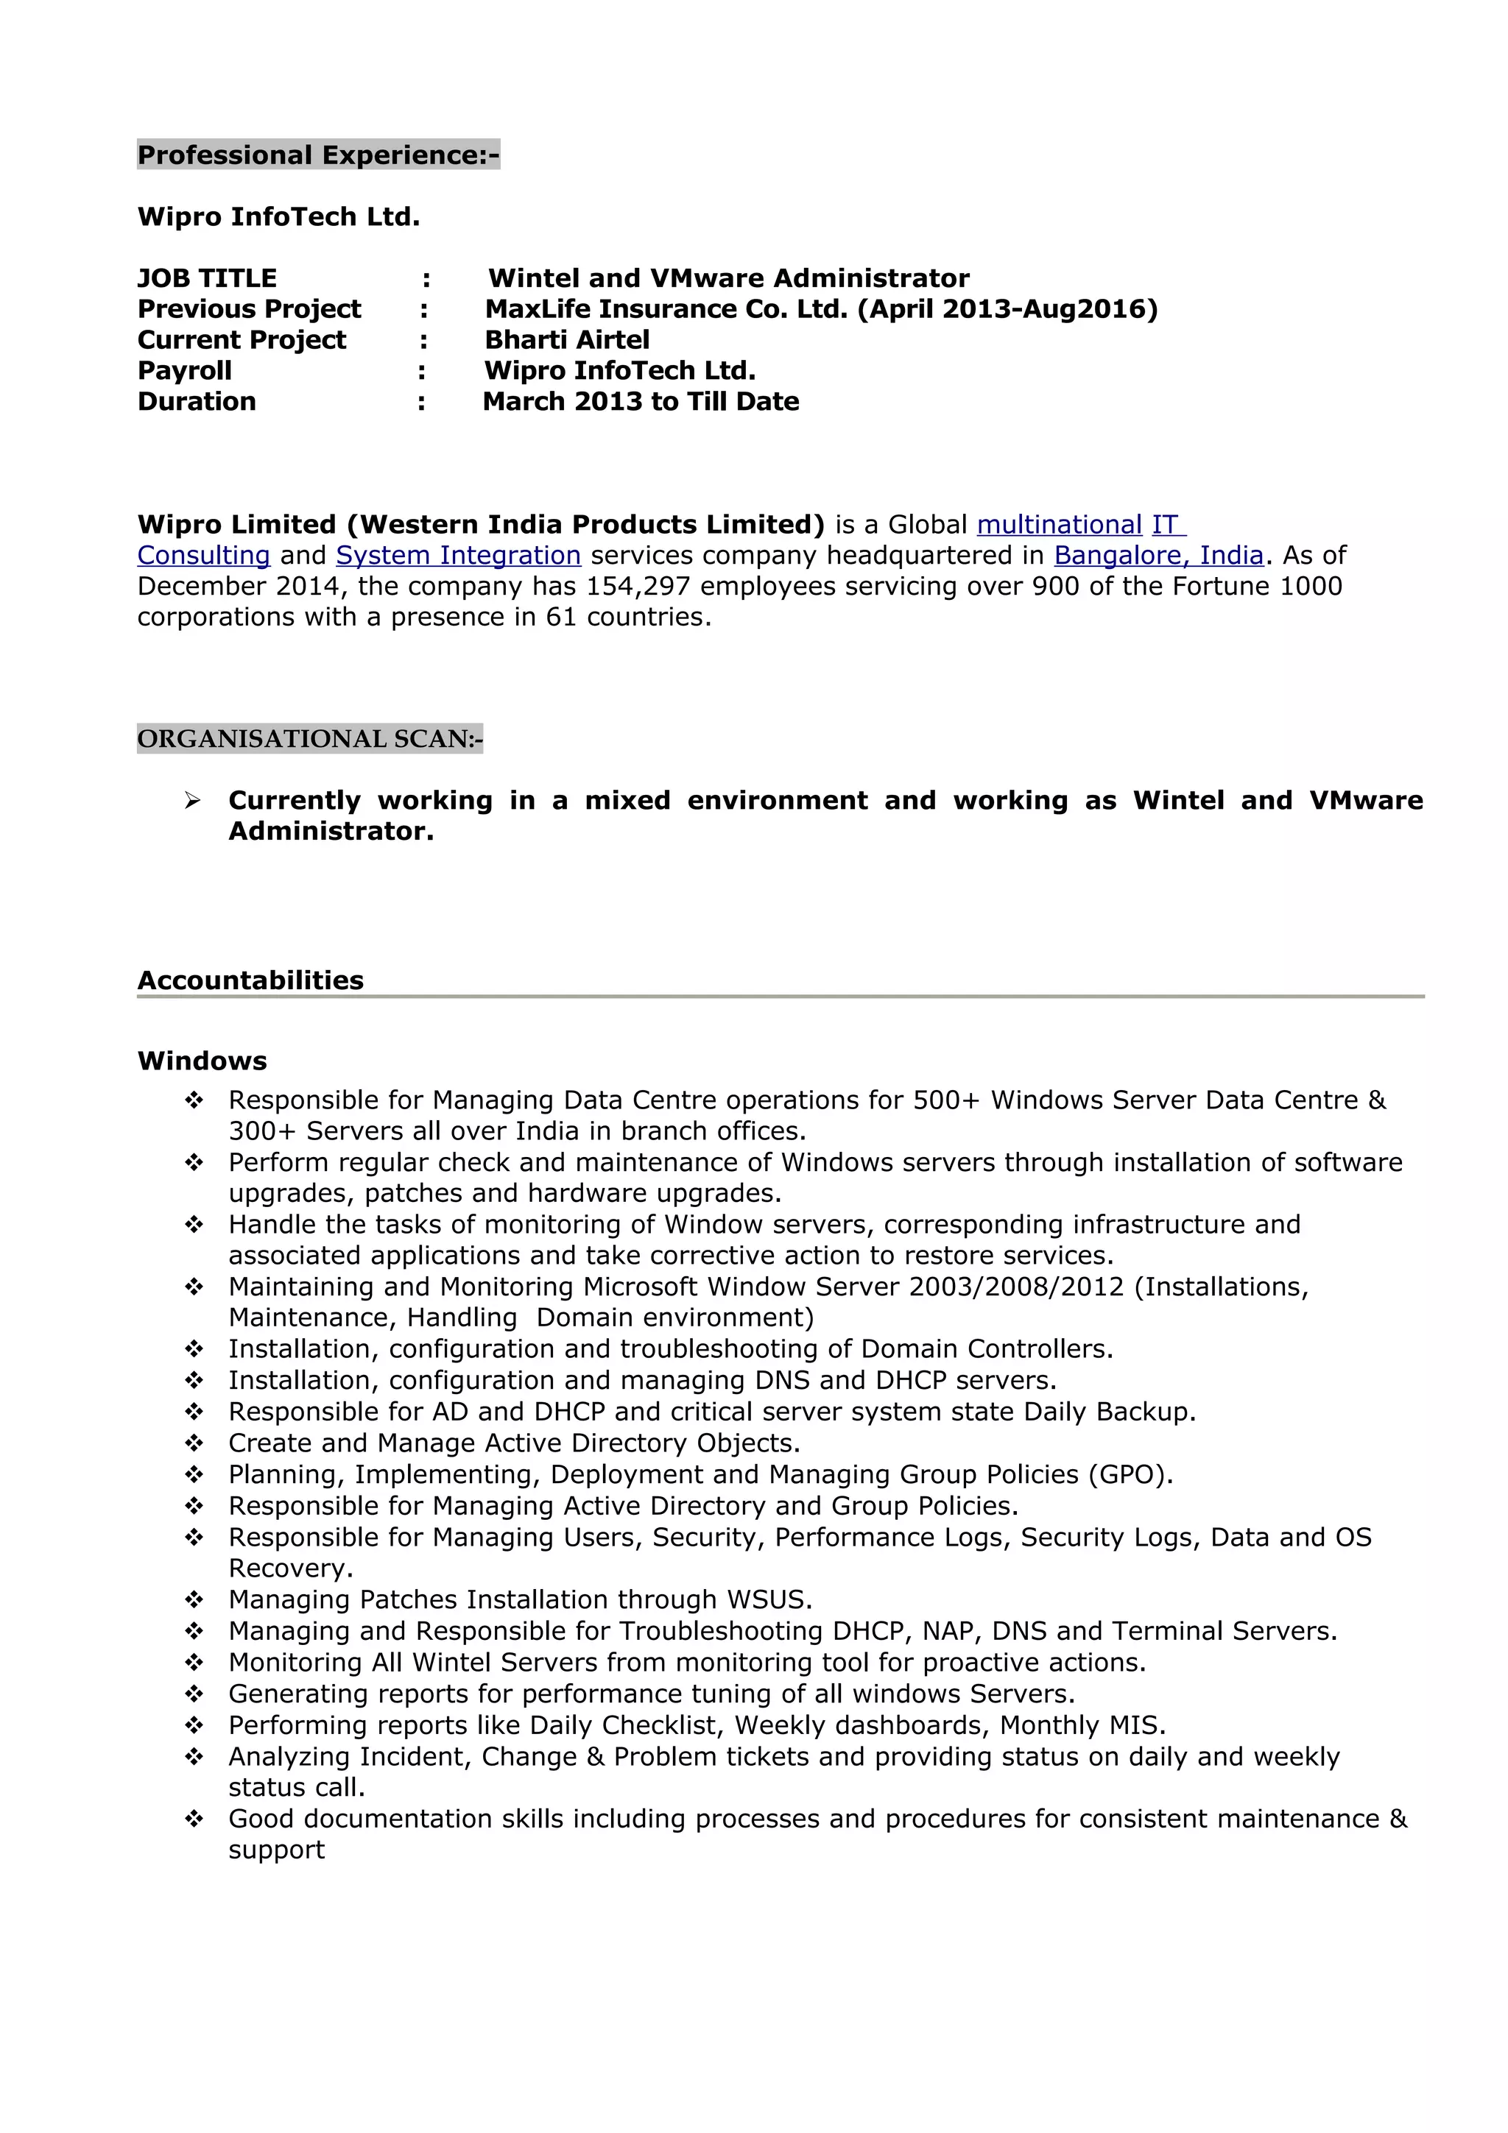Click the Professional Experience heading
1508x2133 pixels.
click(318, 155)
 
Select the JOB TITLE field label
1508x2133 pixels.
click(206, 279)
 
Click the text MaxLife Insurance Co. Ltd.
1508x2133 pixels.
click(665, 309)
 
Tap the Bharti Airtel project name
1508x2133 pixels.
click(567, 340)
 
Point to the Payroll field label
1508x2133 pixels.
click(184, 371)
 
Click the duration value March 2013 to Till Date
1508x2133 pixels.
click(640, 401)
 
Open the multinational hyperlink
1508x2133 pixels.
click(1058, 525)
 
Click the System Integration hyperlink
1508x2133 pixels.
click(458, 556)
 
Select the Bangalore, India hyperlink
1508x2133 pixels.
click(1158, 556)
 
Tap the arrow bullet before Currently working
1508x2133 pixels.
click(192, 801)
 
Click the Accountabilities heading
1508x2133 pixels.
click(250, 980)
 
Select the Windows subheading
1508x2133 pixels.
click(202, 1061)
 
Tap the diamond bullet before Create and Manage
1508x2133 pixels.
click(193, 1443)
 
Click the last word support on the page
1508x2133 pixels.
click(276, 1850)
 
